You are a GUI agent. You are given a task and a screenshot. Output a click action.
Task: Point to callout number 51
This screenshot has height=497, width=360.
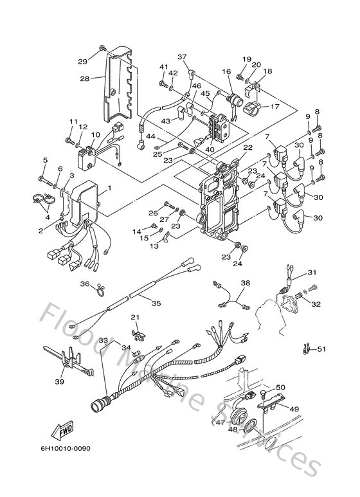tap(321, 349)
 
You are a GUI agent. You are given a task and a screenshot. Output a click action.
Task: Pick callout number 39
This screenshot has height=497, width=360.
tap(59, 382)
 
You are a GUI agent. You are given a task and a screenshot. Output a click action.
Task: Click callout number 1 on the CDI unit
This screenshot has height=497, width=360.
tap(109, 188)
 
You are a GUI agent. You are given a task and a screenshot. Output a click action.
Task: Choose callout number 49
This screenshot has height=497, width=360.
tap(295, 409)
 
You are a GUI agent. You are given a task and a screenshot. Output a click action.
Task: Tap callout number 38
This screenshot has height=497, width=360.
tap(245, 282)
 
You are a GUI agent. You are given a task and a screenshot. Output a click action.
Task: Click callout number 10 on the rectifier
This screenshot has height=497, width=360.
tap(94, 135)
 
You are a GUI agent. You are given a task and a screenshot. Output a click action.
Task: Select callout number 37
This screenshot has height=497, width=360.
tap(182, 57)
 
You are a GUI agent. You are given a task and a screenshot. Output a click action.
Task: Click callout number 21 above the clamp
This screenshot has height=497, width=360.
tap(135, 318)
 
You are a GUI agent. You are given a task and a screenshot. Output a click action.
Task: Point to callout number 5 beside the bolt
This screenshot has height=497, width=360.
tap(45, 160)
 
